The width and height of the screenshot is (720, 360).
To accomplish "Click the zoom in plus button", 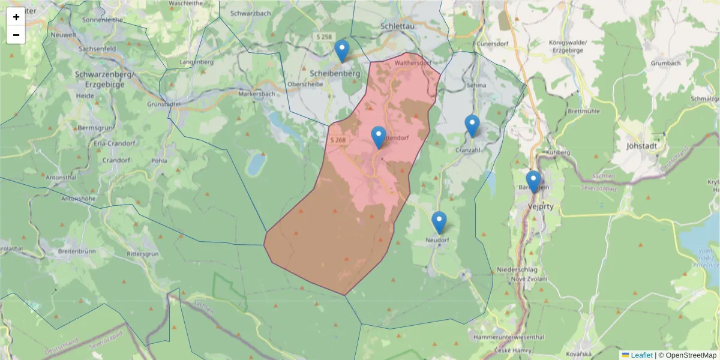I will pyautogui.click(x=16, y=17).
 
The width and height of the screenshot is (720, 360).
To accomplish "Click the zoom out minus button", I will pyautogui.click(x=16, y=35).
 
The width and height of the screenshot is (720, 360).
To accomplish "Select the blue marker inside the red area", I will pyautogui.click(x=379, y=137).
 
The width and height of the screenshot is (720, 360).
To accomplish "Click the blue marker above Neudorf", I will pyautogui.click(x=439, y=222).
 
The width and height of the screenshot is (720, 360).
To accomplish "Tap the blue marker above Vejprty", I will pyautogui.click(x=533, y=181).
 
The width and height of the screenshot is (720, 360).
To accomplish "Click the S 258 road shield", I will pyautogui.click(x=324, y=37).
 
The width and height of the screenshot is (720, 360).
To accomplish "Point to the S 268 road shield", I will pyautogui.click(x=338, y=140).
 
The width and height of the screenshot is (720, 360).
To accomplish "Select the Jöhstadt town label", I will pyautogui.click(x=641, y=145).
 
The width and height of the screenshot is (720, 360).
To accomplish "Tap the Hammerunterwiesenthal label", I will pyautogui.click(x=509, y=337).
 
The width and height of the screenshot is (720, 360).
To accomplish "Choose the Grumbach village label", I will pyautogui.click(x=666, y=63).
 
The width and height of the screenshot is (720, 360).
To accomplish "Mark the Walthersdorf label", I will pyautogui.click(x=413, y=62).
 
